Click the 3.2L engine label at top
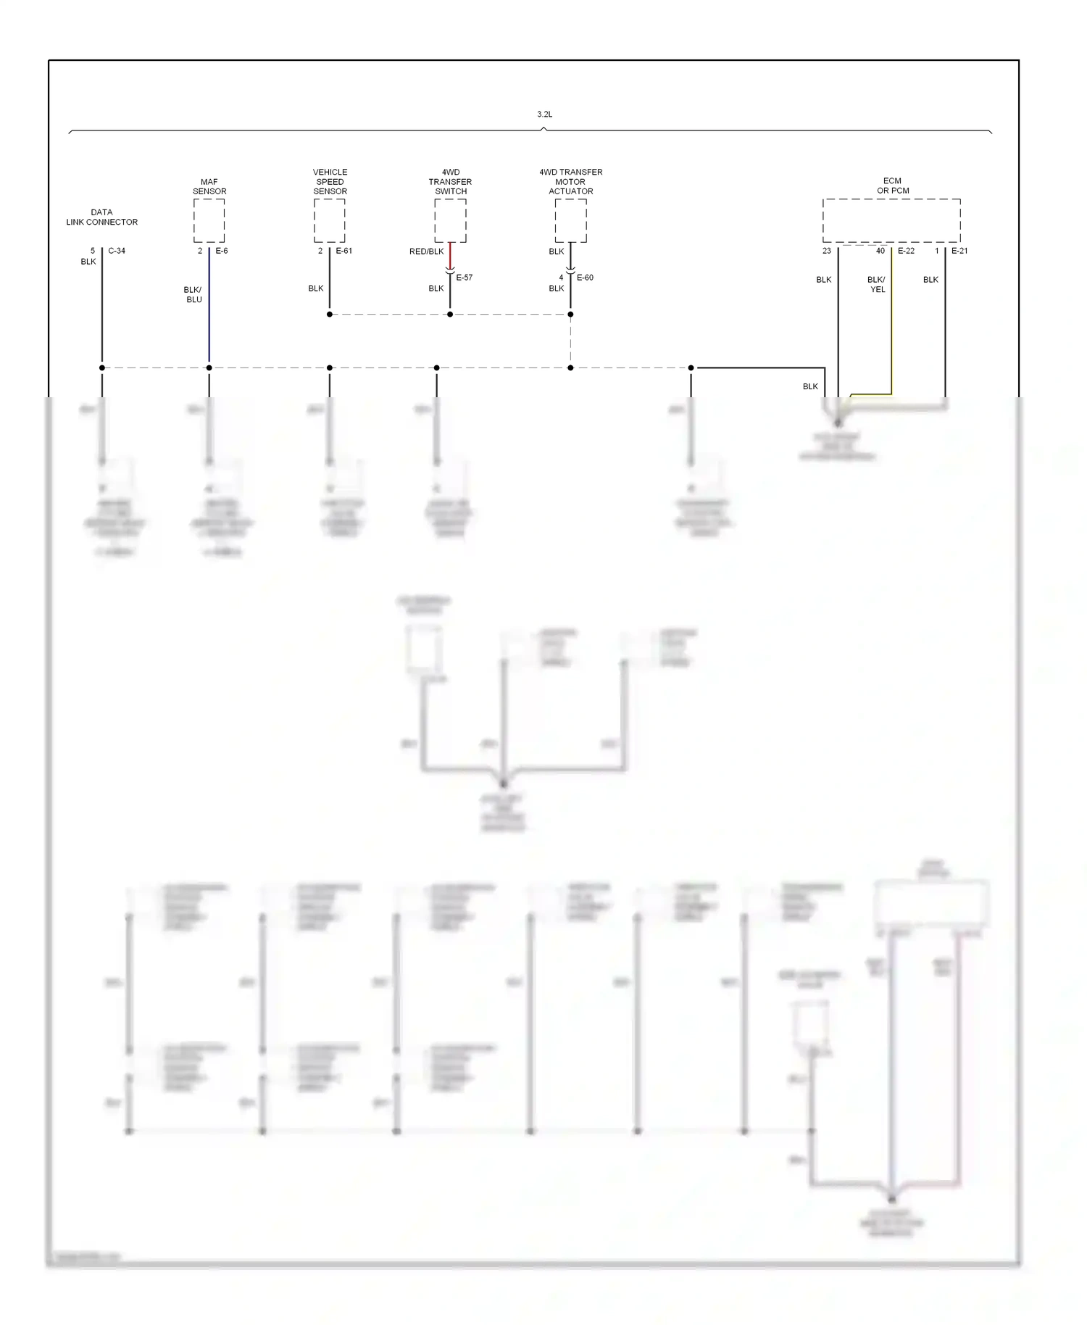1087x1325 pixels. click(x=544, y=115)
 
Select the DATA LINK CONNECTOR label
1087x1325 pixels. click(x=101, y=217)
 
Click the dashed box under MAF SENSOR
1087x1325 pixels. click(x=209, y=221)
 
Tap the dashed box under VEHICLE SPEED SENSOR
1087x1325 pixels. click(x=329, y=221)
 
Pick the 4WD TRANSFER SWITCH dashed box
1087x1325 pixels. click(x=450, y=221)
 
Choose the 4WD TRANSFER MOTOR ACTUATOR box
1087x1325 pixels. click(x=570, y=221)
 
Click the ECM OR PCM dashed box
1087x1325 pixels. click(x=891, y=221)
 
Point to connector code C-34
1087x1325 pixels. click(x=117, y=251)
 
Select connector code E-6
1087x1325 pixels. click(x=222, y=251)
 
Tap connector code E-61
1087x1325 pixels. click(x=344, y=251)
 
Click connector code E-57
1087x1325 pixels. click(x=465, y=278)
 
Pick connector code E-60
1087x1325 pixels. click(x=585, y=278)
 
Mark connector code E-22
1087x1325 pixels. click(x=906, y=251)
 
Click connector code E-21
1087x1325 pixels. click(x=959, y=251)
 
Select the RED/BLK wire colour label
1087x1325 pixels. click(x=426, y=252)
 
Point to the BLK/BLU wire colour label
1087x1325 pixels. click(x=193, y=294)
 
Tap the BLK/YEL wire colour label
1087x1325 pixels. click(x=877, y=284)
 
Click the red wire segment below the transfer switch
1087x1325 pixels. click(x=450, y=255)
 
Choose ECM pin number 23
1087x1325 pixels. click(x=827, y=251)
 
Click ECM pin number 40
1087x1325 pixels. click(x=880, y=251)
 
